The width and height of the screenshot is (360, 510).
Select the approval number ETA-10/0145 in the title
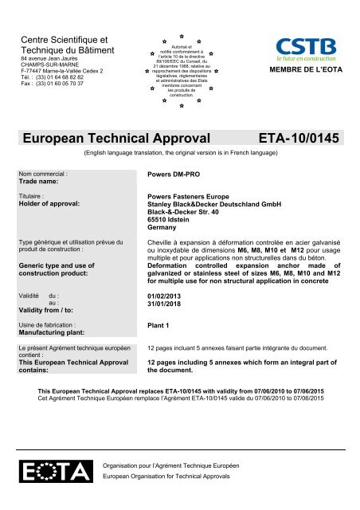pos(301,139)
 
